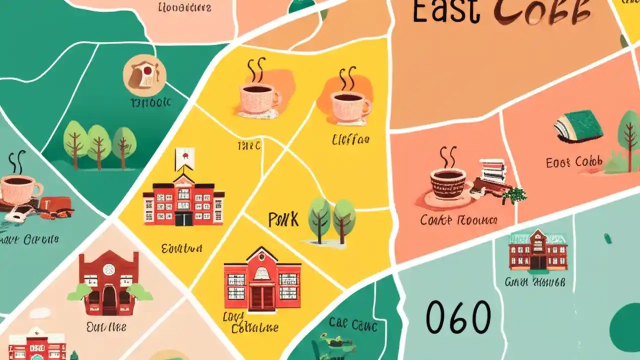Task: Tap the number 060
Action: (x=458, y=317)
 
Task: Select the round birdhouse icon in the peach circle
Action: (x=144, y=75)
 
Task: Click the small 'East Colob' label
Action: (x=574, y=162)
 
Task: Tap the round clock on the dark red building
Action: (x=108, y=269)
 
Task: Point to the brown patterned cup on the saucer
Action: (x=448, y=183)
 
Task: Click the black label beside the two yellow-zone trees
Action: (x=283, y=219)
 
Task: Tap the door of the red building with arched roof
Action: (x=262, y=297)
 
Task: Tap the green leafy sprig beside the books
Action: (x=514, y=194)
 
